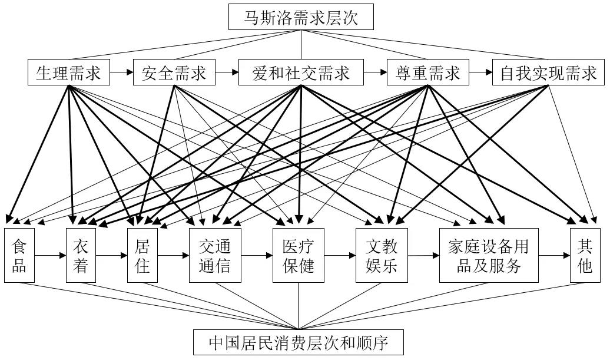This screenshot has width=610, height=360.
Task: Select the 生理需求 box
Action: (69, 73)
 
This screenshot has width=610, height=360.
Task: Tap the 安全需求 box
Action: (174, 73)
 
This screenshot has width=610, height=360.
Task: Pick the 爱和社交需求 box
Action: (301, 73)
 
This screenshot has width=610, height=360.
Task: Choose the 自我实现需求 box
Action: (548, 73)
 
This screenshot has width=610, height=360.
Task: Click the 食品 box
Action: (19, 255)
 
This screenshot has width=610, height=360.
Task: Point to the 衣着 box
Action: (81, 255)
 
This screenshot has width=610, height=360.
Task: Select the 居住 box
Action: (142, 255)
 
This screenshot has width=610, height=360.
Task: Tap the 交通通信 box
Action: (215, 255)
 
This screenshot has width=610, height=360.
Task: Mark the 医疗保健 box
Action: (299, 255)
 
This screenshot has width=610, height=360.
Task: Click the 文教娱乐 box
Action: (382, 255)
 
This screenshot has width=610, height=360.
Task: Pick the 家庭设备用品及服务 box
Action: (489, 255)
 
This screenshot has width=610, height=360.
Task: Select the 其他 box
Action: (584, 255)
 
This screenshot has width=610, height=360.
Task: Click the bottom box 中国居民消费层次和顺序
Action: (299, 342)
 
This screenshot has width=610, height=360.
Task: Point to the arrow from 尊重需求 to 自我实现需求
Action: (480, 73)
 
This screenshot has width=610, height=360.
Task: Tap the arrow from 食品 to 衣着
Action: (50, 256)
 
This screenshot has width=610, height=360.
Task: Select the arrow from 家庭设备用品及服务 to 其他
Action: (554, 256)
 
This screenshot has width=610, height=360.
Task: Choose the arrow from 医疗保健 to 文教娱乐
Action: (340, 256)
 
